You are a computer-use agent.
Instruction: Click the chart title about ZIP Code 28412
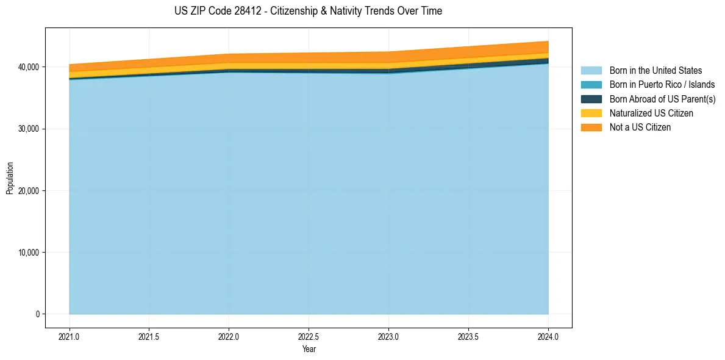308,11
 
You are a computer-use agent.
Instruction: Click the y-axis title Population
10,178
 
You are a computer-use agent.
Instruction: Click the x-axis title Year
309,349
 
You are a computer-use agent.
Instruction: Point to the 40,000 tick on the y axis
28,67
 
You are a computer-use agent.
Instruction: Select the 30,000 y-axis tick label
28,129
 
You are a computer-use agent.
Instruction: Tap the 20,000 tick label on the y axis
28,191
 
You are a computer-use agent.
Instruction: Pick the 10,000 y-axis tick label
28,253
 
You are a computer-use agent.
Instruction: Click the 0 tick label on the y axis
37,314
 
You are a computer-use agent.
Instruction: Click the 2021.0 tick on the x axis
70,336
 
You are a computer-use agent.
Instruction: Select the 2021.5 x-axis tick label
149,336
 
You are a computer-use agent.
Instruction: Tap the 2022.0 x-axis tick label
229,336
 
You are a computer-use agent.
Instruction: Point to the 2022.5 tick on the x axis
309,336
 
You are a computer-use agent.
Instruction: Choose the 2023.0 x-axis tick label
388,336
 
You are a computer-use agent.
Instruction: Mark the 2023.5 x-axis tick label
468,336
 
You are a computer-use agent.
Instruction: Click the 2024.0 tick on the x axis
548,336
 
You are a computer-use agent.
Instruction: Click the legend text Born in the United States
655,71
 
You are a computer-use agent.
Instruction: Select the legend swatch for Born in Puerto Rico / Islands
591,85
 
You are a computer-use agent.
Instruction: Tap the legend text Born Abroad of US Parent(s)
662,99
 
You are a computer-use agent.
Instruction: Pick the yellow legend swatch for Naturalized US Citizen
591,113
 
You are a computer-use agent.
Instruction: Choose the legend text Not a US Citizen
640,128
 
